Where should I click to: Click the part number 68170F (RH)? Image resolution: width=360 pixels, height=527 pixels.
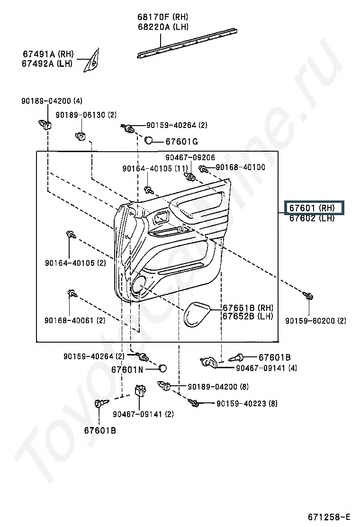162,17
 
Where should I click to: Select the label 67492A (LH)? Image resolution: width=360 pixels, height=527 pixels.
47,64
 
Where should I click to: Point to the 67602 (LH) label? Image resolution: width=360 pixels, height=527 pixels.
312,218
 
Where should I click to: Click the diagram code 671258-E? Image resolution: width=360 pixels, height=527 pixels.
329,516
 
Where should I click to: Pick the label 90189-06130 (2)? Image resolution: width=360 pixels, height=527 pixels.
86,115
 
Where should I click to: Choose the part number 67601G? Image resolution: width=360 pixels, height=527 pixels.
182,142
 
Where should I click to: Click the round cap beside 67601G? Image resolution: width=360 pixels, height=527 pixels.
149,140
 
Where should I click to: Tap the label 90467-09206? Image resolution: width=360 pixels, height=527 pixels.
190,157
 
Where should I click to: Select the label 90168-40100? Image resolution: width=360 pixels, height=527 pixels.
240,167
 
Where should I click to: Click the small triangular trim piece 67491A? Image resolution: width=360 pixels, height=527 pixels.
92,61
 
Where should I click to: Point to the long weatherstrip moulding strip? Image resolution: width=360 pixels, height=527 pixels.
188,44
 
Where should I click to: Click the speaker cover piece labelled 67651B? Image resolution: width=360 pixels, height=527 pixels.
198,314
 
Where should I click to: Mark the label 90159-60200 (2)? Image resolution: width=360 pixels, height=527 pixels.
315,321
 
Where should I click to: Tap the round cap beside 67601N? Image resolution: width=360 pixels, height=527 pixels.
162,368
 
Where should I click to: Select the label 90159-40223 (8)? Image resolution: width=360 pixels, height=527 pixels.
247,403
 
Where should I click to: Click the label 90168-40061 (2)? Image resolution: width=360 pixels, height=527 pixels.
75,320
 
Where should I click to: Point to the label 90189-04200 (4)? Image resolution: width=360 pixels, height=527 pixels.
52,101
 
